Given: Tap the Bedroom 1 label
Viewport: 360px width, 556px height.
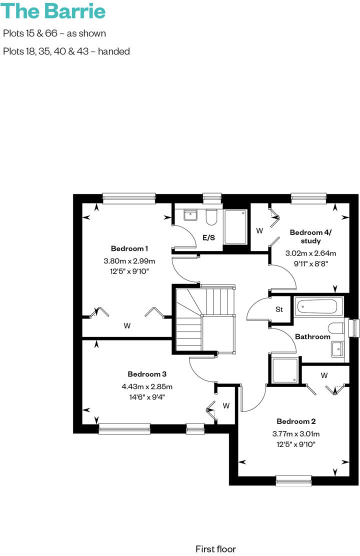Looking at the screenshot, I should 129,248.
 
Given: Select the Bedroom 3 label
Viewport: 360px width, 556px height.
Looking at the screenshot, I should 147,374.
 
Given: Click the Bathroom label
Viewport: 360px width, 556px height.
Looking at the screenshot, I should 312,336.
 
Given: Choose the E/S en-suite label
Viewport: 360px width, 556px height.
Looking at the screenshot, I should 208,237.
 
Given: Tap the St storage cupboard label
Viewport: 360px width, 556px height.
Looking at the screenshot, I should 279,309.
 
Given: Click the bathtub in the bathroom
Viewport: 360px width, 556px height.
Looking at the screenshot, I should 318,306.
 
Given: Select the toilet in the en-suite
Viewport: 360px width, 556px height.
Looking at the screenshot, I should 210,216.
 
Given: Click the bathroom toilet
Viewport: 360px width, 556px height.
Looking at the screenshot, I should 336,328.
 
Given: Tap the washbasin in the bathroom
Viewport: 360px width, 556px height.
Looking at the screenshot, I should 337,348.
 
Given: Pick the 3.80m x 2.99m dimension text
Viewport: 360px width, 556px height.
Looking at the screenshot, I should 129,260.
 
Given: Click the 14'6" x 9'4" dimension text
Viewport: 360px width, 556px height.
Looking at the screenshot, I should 147,397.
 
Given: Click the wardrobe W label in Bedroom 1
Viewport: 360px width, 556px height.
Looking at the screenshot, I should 127,326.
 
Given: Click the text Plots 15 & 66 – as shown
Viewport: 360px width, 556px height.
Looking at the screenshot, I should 54,33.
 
